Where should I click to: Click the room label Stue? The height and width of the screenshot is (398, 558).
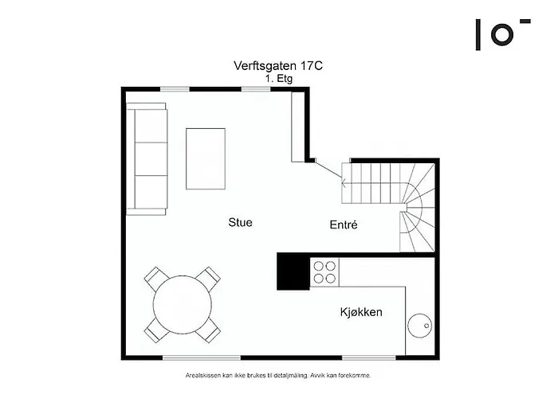coord(240,223)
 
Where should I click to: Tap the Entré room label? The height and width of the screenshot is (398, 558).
coord(344,225)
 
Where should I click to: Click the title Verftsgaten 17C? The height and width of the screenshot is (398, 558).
coord(278,66)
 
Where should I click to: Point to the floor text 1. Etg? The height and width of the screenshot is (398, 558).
coord(278,80)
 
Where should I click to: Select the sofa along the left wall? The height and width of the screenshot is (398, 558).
coord(149,159)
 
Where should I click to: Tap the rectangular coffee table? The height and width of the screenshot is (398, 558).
coord(206,158)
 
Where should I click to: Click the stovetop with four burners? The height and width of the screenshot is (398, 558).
coord(324,272)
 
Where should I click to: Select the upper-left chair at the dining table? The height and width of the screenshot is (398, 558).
coord(155,279)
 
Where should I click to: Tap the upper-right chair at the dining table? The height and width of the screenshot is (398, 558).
coord(209,279)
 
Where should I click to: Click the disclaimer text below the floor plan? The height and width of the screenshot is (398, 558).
coord(278,374)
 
